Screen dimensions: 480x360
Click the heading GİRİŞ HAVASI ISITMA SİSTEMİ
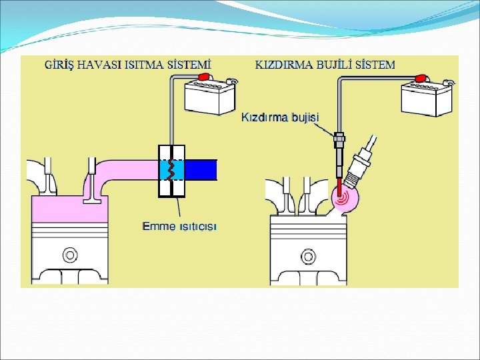[x=127, y=65]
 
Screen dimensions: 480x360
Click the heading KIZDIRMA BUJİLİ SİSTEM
[x=325, y=65]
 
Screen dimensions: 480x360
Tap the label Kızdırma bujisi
[x=279, y=117]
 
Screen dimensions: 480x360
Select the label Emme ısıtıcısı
[x=180, y=226]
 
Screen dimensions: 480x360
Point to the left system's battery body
[x=209, y=99]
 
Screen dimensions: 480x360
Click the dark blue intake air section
[x=201, y=170]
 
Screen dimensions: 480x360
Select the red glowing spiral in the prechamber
[x=343, y=197]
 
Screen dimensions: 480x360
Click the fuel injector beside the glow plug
[x=361, y=164]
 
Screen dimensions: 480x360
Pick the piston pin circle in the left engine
[x=69, y=255]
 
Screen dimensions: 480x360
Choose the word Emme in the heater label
[x=157, y=226]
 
